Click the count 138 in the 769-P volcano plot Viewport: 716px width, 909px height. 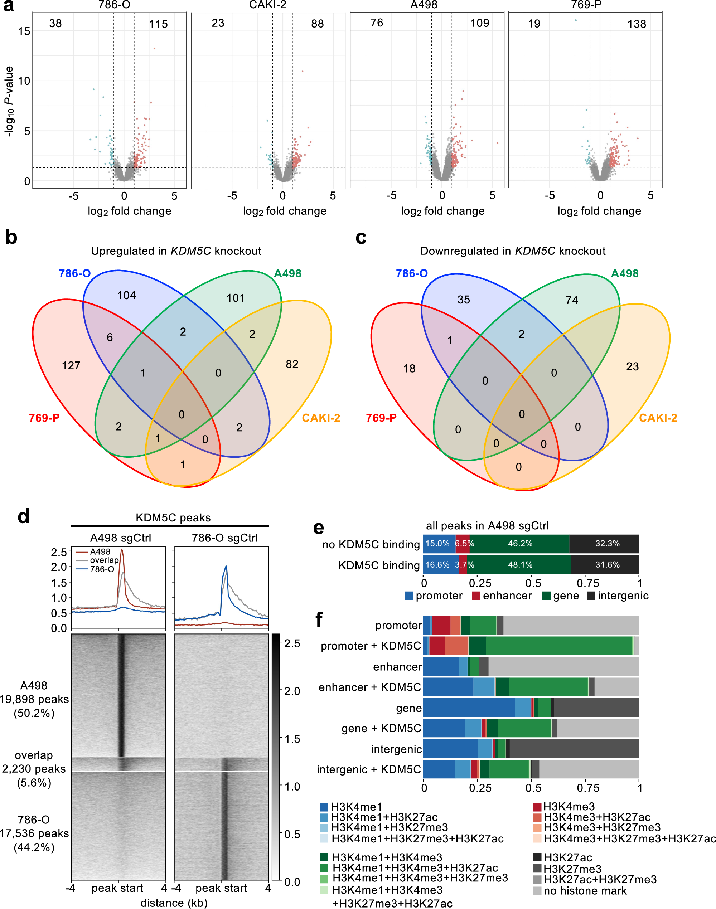click(x=637, y=24)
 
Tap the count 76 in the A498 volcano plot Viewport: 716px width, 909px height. click(x=377, y=23)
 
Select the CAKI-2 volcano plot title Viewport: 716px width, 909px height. click(x=267, y=5)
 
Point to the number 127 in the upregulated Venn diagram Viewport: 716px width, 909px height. click(x=71, y=365)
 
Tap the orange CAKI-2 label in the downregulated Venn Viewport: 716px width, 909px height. click(x=658, y=418)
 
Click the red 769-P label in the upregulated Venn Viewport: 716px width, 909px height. click(x=44, y=418)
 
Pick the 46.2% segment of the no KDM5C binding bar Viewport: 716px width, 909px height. click(x=520, y=544)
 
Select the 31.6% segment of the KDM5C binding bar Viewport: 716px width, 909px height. click(x=607, y=564)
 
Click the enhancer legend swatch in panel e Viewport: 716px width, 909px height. click(x=476, y=596)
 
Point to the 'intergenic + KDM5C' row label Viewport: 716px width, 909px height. click(x=368, y=769)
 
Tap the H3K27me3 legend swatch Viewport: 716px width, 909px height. click(x=537, y=869)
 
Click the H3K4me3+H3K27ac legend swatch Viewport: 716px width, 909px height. click(x=537, y=817)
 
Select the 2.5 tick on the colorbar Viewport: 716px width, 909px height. click(x=292, y=643)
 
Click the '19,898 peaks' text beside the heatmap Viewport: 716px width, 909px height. click(x=34, y=699)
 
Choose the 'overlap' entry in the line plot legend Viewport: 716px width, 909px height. click(x=104, y=560)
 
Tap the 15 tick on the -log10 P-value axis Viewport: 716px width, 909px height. click(x=24, y=31)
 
